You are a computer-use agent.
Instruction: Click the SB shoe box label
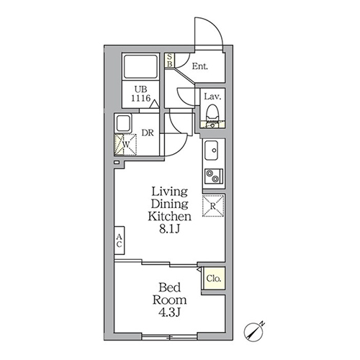coord(170,60)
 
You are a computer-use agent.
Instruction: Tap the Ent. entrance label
coord(199,66)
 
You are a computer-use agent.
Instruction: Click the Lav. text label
coord(212,96)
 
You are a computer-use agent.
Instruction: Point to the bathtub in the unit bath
coord(141,66)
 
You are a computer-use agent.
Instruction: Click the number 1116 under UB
coord(141,98)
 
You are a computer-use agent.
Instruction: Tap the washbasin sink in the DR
coord(124,122)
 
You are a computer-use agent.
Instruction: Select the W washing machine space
coord(125,145)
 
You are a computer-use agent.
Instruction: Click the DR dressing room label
coord(148,132)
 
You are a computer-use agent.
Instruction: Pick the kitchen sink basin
coord(211,150)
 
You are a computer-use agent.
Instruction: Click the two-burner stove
coord(214,176)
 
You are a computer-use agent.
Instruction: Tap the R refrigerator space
coord(213,207)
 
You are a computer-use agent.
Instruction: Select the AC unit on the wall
coord(120,240)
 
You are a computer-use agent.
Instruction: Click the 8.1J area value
coord(169,230)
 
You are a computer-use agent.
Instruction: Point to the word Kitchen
coord(169,217)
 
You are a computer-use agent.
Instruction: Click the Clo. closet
coord(213,278)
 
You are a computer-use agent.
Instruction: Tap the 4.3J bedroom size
coord(169,312)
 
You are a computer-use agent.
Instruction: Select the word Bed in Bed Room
coord(170,287)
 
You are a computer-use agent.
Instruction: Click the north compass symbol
coord(254,331)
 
